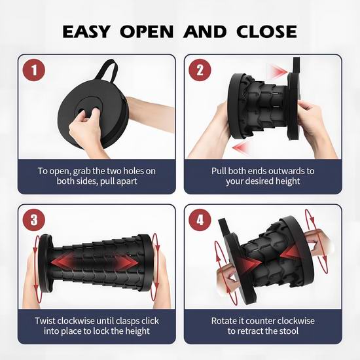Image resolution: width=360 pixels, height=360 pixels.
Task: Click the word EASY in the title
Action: pyautogui.click(x=86, y=31)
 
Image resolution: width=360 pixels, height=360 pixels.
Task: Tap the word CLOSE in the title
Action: pyautogui.click(x=266, y=31)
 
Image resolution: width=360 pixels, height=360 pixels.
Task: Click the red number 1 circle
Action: pyautogui.click(x=34, y=70)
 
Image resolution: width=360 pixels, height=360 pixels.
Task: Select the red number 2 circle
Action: pyautogui.click(x=200, y=70)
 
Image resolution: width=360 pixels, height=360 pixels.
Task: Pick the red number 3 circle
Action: pyautogui.click(x=34, y=220)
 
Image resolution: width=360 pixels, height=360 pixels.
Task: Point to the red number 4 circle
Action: pyautogui.click(x=200, y=220)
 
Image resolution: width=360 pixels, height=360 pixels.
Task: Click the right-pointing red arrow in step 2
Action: pyautogui.click(x=278, y=71)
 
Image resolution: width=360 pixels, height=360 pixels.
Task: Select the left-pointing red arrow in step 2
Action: pyautogui.click(x=241, y=147)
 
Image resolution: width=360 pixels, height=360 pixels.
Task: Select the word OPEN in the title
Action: pyautogui.click(x=147, y=31)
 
